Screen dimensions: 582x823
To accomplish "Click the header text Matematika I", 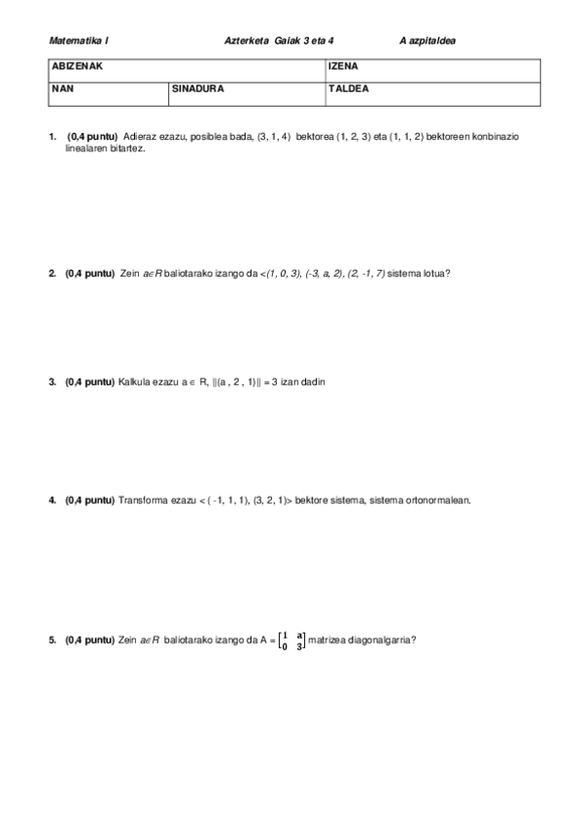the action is click(x=80, y=41).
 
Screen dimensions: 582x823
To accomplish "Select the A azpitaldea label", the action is click(x=428, y=41).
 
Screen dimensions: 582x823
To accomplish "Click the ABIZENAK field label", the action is click(x=77, y=68).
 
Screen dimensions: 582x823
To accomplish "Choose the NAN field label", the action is click(x=61, y=88).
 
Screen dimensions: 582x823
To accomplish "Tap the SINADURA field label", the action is click(x=198, y=88).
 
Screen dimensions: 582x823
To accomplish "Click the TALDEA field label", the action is click(x=349, y=88).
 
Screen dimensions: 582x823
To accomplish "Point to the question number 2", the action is click(x=51, y=274).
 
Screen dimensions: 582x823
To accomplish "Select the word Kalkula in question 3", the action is click(x=134, y=382).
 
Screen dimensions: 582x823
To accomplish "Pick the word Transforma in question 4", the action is click(x=144, y=501).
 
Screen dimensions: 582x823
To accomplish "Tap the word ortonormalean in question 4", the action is click(x=434, y=501).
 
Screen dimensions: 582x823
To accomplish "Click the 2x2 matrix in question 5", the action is click(x=291, y=641).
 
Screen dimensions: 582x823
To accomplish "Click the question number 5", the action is click(x=51, y=641).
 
